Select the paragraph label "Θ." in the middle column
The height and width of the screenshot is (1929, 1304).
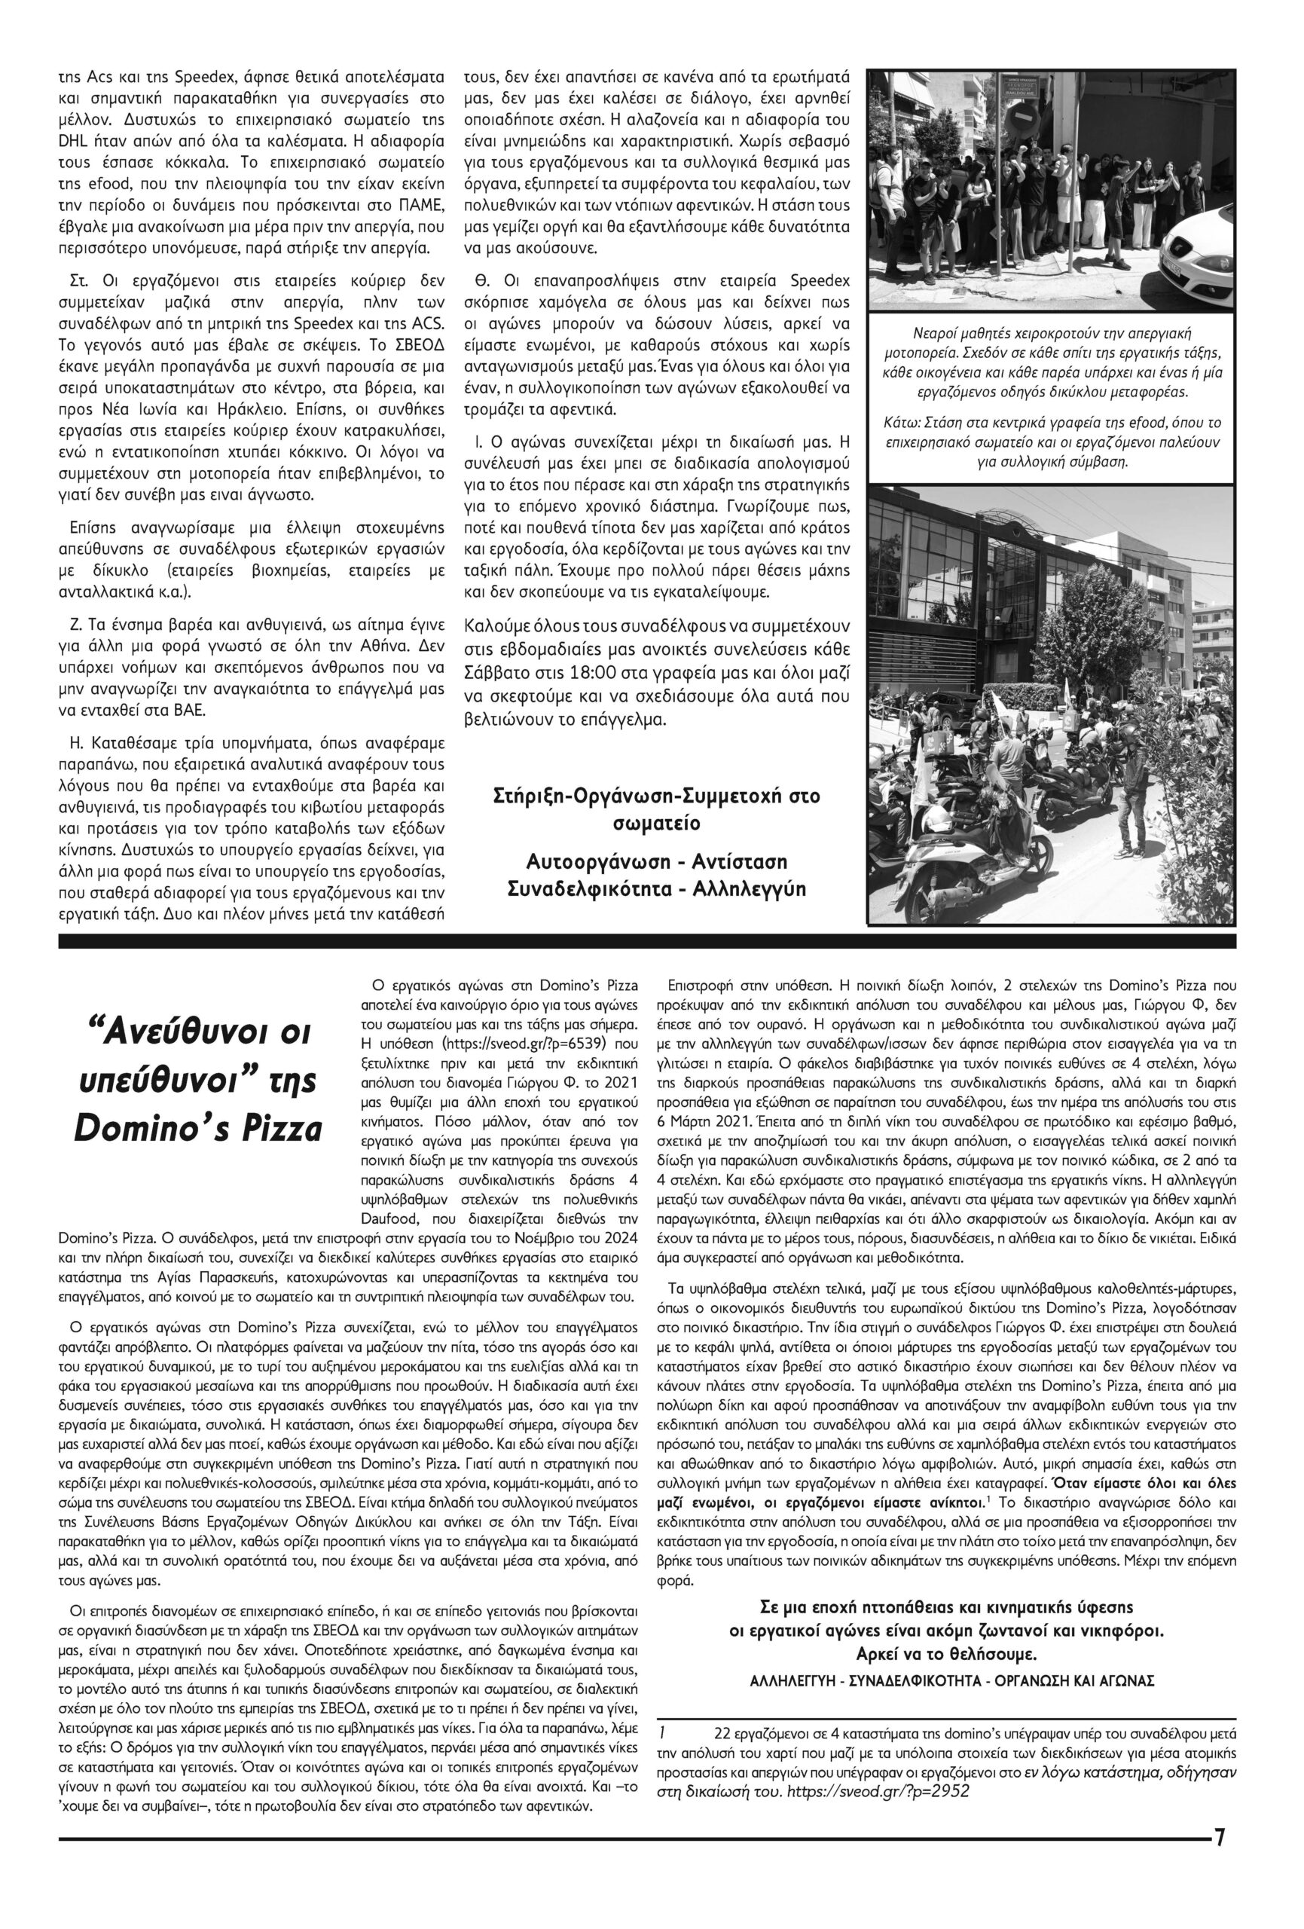click(x=481, y=279)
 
